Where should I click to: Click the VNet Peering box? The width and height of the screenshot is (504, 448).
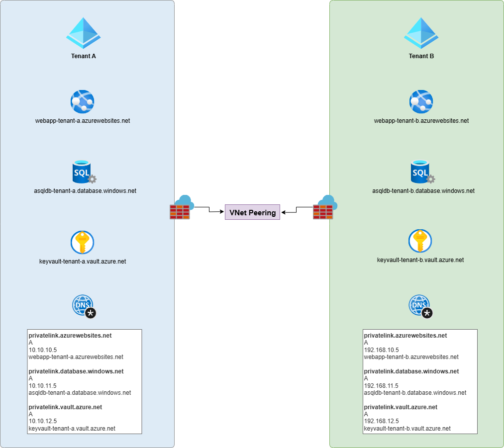[x=252, y=212]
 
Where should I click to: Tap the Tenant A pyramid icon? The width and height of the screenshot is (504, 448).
[x=84, y=33]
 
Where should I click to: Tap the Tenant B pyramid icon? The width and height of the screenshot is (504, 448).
[x=421, y=33]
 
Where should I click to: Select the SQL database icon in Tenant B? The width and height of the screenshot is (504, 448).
[x=421, y=172]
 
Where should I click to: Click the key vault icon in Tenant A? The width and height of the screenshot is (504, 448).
[x=82, y=242]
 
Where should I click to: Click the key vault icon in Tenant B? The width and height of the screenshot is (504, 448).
[x=420, y=241]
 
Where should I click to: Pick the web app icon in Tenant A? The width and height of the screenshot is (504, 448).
[x=82, y=102]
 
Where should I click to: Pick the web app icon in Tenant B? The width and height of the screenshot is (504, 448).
[x=421, y=102]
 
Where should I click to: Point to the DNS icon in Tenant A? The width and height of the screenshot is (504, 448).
[x=84, y=306]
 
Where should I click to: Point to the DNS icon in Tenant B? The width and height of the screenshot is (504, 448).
[x=420, y=306]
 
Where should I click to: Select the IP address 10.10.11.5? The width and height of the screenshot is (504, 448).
[x=43, y=385]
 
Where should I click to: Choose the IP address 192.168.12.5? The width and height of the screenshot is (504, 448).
[x=381, y=421]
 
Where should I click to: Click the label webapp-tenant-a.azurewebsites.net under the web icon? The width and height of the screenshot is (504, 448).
[x=83, y=120]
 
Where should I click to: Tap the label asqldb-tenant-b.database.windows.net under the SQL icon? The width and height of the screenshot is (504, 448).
[x=423, y=190]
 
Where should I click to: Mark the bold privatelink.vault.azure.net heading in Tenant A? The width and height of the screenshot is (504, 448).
[x=65, y=407]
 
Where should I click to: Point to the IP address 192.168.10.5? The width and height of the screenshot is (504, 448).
[x=381, y=350]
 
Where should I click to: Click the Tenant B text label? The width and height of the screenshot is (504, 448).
[x=421, y=56]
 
